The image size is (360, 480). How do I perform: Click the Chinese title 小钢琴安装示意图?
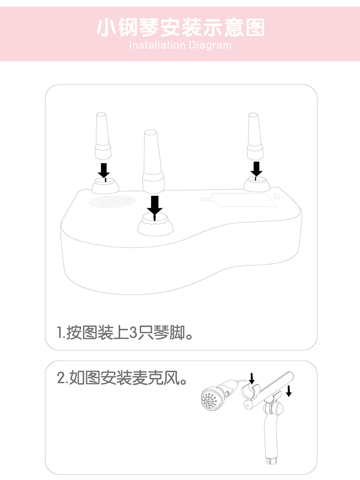pos(180,27)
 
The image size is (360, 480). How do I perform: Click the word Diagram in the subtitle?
pos(210,46)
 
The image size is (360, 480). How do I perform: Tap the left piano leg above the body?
pos(103,135)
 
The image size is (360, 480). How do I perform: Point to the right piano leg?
pos(255,136)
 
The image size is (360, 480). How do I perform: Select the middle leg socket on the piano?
pos(155,225)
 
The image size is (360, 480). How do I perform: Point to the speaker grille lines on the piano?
pos(112,201)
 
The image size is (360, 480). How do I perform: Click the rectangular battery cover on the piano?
pos(244,200)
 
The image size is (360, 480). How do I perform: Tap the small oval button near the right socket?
pos(277,196)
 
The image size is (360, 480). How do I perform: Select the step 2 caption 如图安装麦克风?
pos(122,378)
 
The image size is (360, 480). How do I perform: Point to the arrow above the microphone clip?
pos(252,378)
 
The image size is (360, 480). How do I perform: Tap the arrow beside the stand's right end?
pos(288,391)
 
